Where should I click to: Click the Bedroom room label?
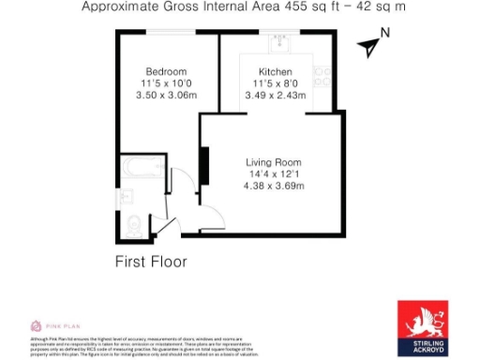(x=166, y=71)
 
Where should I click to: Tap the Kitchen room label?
(x=277, y=71)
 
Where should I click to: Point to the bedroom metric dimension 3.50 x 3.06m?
(x=166, y=95)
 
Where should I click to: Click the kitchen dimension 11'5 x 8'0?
(x=277, y=82)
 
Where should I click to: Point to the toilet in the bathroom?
(x=133, y=223)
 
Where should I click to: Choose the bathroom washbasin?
(x=127, y=198)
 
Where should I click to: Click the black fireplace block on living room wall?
(x=202, y=166)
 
